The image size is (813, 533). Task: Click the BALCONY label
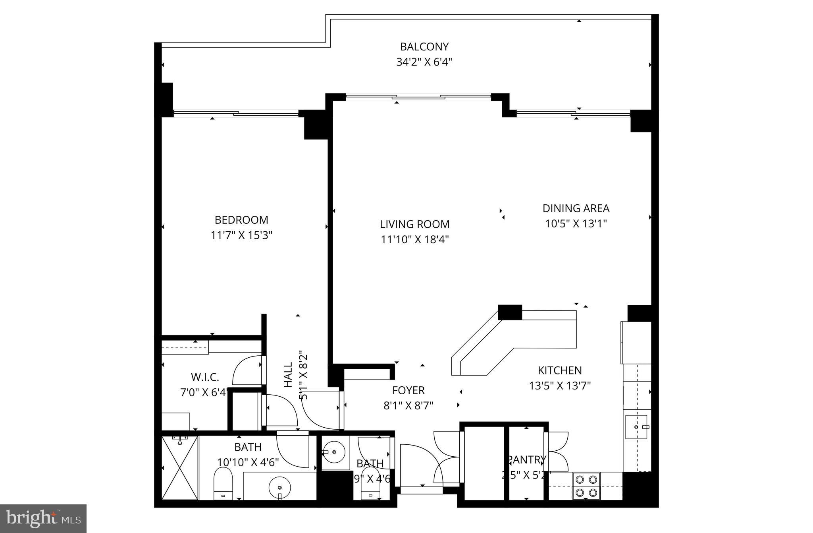click(x=424, y=47)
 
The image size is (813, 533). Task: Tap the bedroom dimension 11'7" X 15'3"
click(x=241, y=236)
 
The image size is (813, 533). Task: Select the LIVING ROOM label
click(x=414, y=224)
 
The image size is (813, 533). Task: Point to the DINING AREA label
click(x=576, y=208)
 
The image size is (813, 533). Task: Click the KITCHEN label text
click(x=559, y=370)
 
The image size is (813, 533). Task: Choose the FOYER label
click(x=408, y=390)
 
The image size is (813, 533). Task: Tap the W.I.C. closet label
click(x=205, y=377)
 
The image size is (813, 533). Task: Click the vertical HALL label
click(x=288, y=374)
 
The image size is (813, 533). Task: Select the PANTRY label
click(x=526, y=459)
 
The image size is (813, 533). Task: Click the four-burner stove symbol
click(x=586, y=486)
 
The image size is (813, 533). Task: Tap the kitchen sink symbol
click(x=636, y=427)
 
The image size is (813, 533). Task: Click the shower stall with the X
click(x=179, y=468)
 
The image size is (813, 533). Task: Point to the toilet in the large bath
click(x=222, y=483)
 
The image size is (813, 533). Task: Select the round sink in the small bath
click(x=334, y=452)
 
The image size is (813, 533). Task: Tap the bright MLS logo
click(x=43, y=518)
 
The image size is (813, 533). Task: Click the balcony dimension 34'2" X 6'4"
click(x=424, y=62)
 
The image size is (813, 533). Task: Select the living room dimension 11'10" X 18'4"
click(x=414, y=240)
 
